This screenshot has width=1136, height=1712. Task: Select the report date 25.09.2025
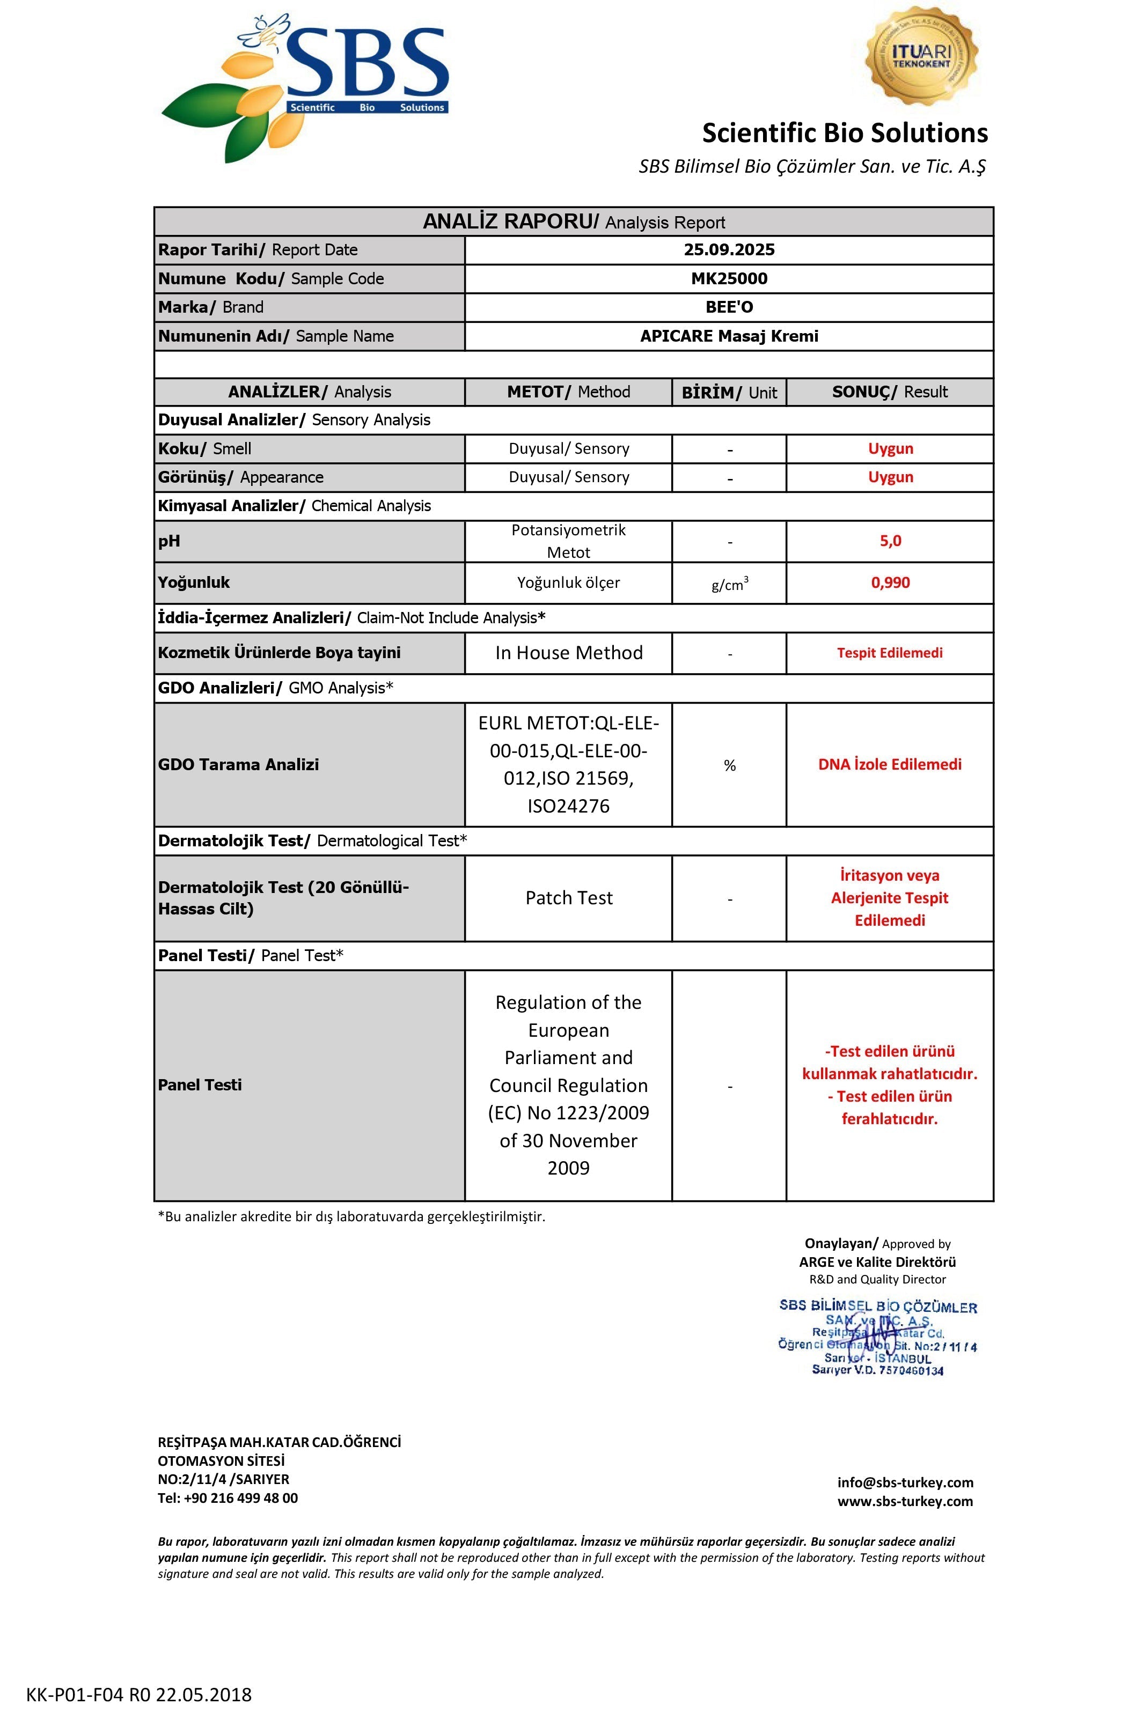pos(729,250)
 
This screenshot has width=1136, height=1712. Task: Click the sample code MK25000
pos(729,279)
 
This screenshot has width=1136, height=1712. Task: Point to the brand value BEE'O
pos(729,307)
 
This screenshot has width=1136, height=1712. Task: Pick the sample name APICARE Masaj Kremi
pos(729,336)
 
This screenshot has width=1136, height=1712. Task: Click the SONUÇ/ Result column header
pos(890,392)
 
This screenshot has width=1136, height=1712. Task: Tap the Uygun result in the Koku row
pos(890,448)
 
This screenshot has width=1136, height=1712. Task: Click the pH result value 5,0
pos(890,541)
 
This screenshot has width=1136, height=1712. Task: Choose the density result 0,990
pos(890,583)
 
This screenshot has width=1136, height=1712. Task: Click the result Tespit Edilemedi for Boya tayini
pos(890,653)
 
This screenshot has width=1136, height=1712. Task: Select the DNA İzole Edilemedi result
pos(890,764)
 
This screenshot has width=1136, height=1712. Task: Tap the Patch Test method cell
pos(569,898)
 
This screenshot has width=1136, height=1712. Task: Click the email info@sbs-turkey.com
pos(905,1482)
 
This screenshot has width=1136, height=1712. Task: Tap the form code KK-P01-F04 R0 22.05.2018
pos(139,1695)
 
